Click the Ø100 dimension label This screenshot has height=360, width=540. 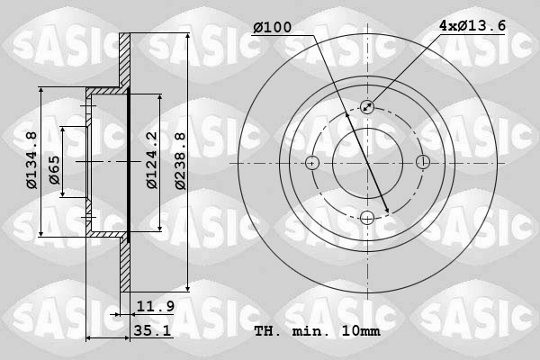[272, 28]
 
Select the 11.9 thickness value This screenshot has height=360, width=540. [156, 307]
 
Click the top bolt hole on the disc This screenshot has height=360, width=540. [367, 107]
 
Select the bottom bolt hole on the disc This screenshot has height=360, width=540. [367, 218]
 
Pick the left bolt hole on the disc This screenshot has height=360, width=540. [312, 163]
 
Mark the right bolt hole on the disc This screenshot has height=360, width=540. [423, 163]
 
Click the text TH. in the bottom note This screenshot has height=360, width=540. [268, 331]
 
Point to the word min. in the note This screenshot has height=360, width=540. [312, 331]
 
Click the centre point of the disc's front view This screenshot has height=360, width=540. [367, 163]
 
